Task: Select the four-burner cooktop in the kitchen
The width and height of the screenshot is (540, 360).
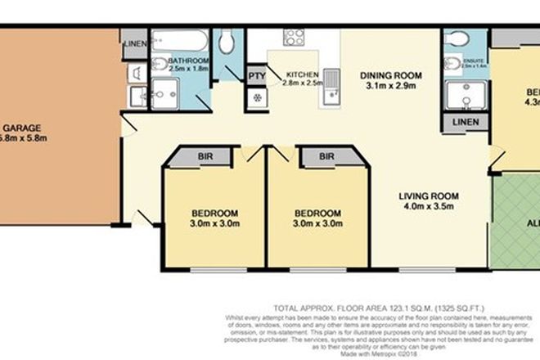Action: [x=294, y=37]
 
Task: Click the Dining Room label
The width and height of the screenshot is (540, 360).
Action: [x=392, y=76]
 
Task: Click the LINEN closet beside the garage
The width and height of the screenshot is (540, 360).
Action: [x=134, y=43]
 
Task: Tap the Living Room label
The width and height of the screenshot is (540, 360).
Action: [x=429, y=196]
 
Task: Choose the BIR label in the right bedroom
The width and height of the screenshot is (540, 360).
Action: [x=326, y=154]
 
